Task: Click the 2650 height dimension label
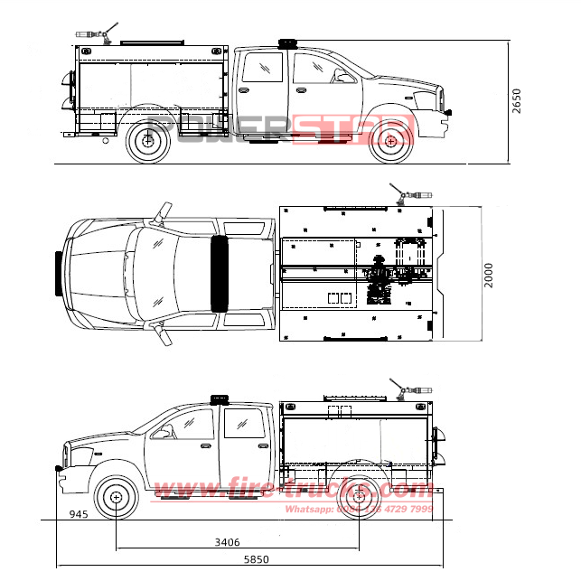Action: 516,99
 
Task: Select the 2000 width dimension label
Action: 489,275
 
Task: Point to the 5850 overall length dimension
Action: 255,560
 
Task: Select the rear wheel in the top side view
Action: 148,141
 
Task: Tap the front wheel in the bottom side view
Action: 116,496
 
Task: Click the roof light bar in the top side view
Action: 287,43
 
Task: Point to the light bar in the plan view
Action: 219,272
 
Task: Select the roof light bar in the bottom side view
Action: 219,399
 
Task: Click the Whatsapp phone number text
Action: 359,510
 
